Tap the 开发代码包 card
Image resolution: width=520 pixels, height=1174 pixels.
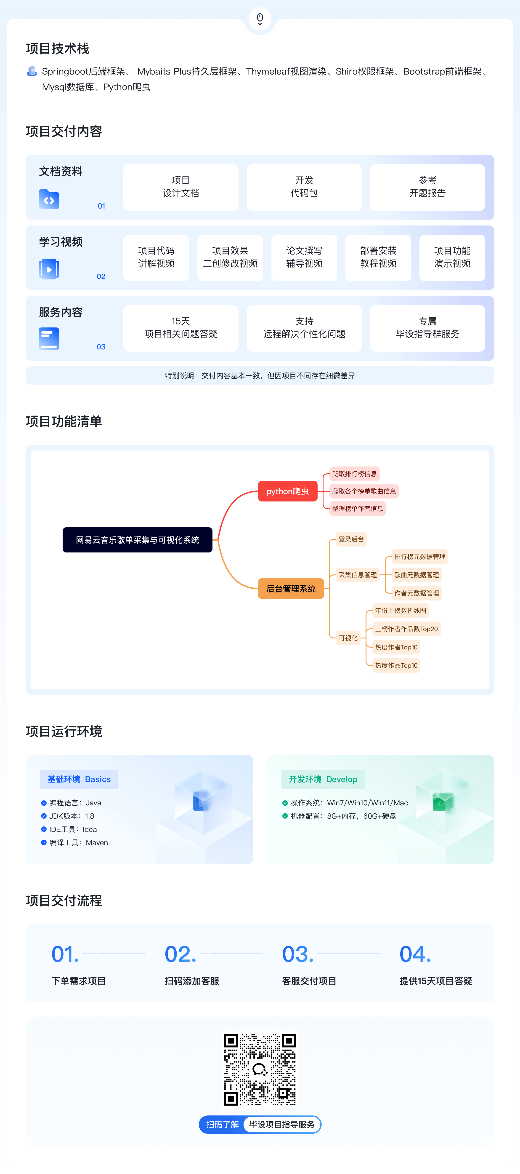click(304, 187)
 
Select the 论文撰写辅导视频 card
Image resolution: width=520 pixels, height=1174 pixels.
click(304, 257)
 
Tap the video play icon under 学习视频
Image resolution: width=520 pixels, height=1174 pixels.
click(49, 269)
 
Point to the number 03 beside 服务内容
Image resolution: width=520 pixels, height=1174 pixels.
click(101, 347)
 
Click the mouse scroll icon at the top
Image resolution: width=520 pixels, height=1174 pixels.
click(260, 19)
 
